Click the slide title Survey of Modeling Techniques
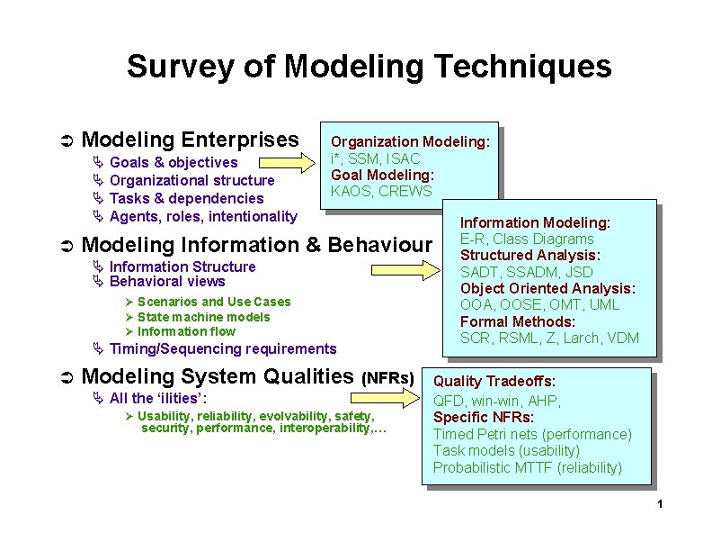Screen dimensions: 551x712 [x=369, y=67]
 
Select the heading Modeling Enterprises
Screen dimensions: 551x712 [x=190, y=140]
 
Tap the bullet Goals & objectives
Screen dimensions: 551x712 [x=174, y=163]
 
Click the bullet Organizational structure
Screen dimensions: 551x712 [x=191, y=181]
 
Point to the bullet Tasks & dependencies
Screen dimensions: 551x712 [x=186, y=199]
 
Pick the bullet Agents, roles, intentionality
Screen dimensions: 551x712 [x=202, y=217]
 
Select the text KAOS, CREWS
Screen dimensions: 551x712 [x=381, y=192]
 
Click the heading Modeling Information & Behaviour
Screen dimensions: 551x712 [x=257, y=245]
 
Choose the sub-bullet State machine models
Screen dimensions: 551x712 [x=203, y=317]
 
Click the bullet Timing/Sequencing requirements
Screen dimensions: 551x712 [x=222, y=349]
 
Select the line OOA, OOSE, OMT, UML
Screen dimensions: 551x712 [x=539, y=305]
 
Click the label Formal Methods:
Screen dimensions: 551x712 [x=517, y=321]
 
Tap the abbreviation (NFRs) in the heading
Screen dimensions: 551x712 [x=387, y=378]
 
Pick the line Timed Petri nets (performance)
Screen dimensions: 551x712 [x=532, y=435]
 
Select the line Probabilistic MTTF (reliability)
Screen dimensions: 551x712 [x=527, y=468]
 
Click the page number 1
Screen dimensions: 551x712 [x=660, y=503]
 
